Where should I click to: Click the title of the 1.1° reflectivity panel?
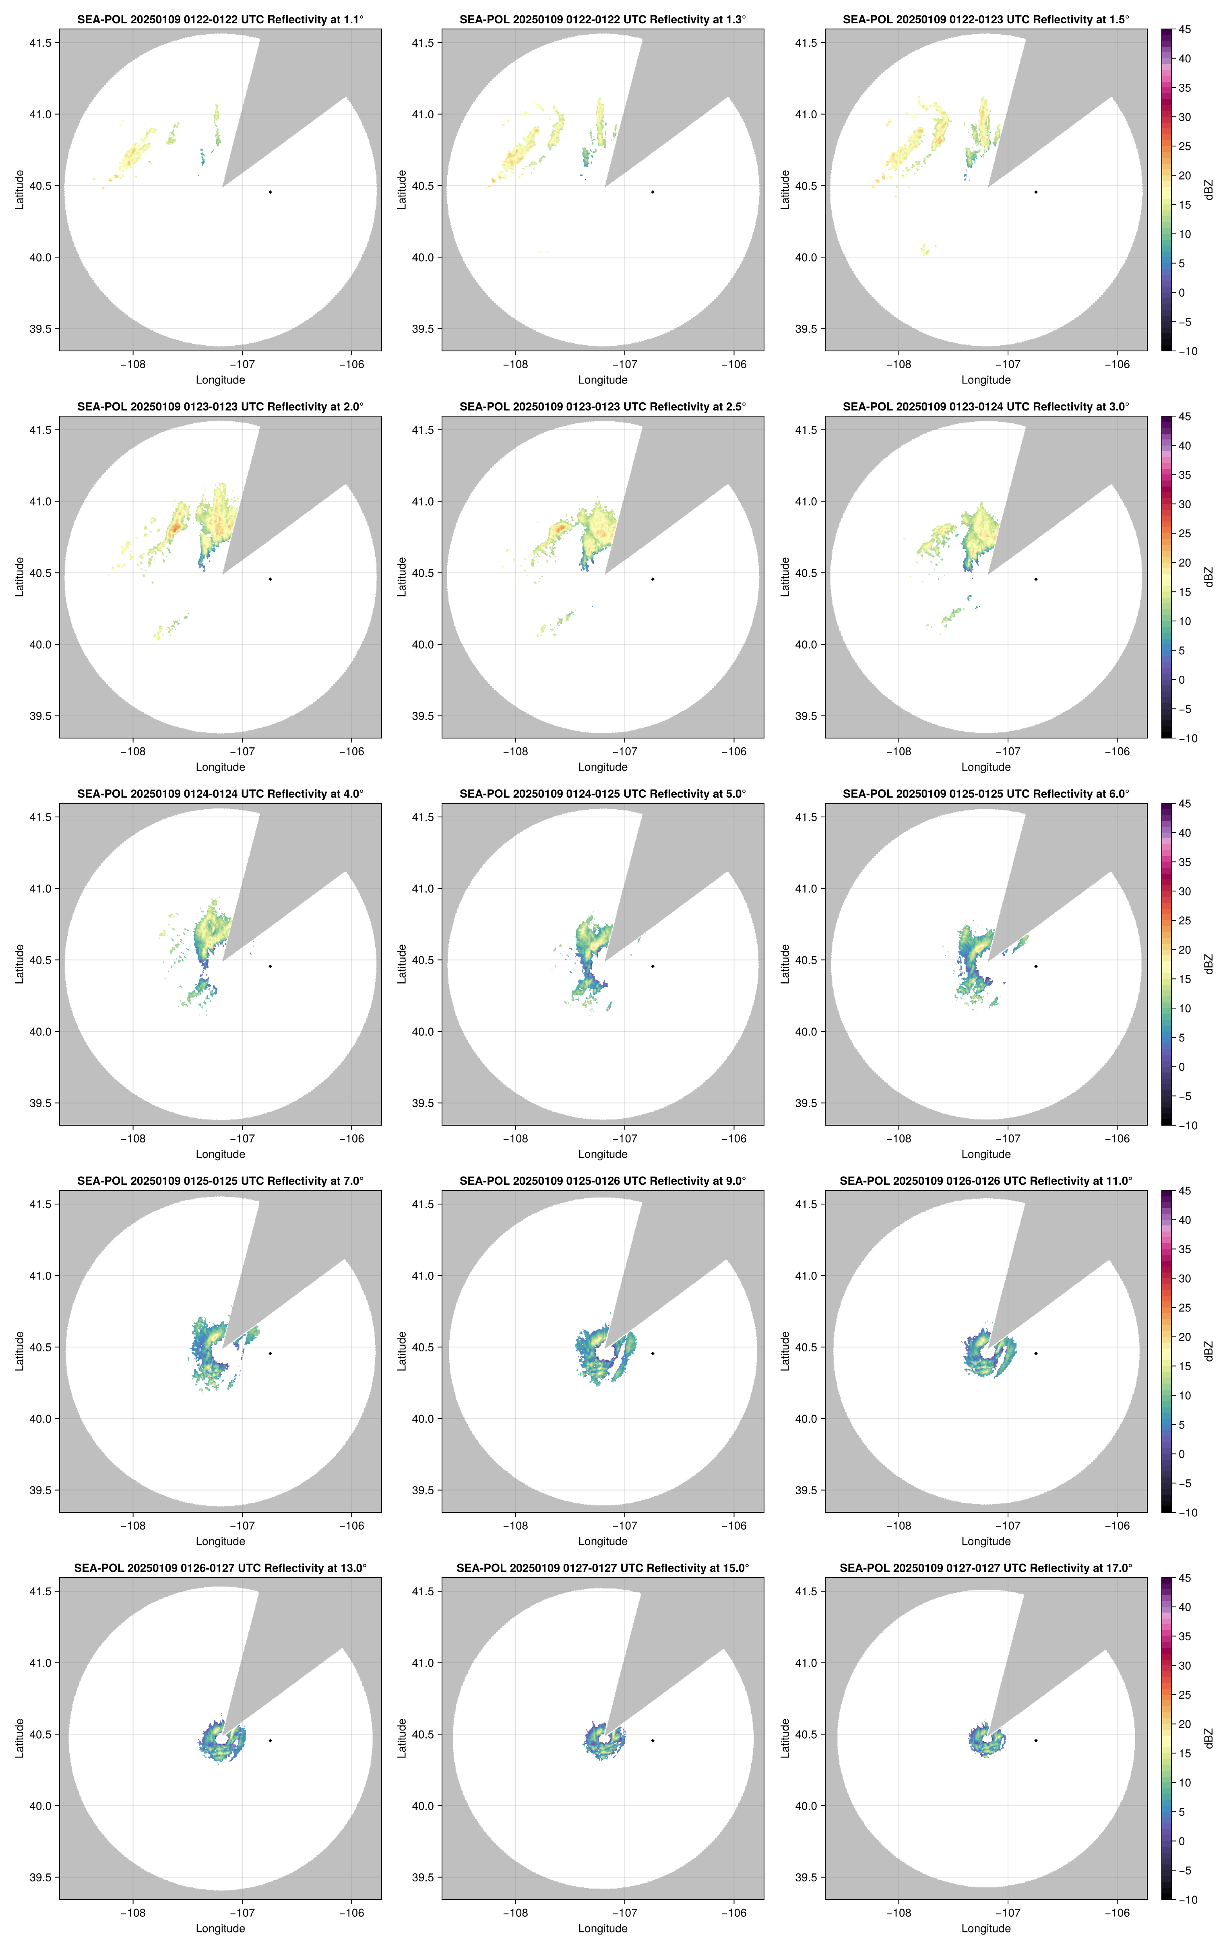click(220, 19)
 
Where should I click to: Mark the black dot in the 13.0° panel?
click(270, 1740)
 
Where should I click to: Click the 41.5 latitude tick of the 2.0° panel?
click(40, 430)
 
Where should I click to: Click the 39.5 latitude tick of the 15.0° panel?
click(423, 1877)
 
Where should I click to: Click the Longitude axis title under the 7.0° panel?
click(220, 1541)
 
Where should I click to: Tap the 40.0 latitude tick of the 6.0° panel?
click(806, 1032)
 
